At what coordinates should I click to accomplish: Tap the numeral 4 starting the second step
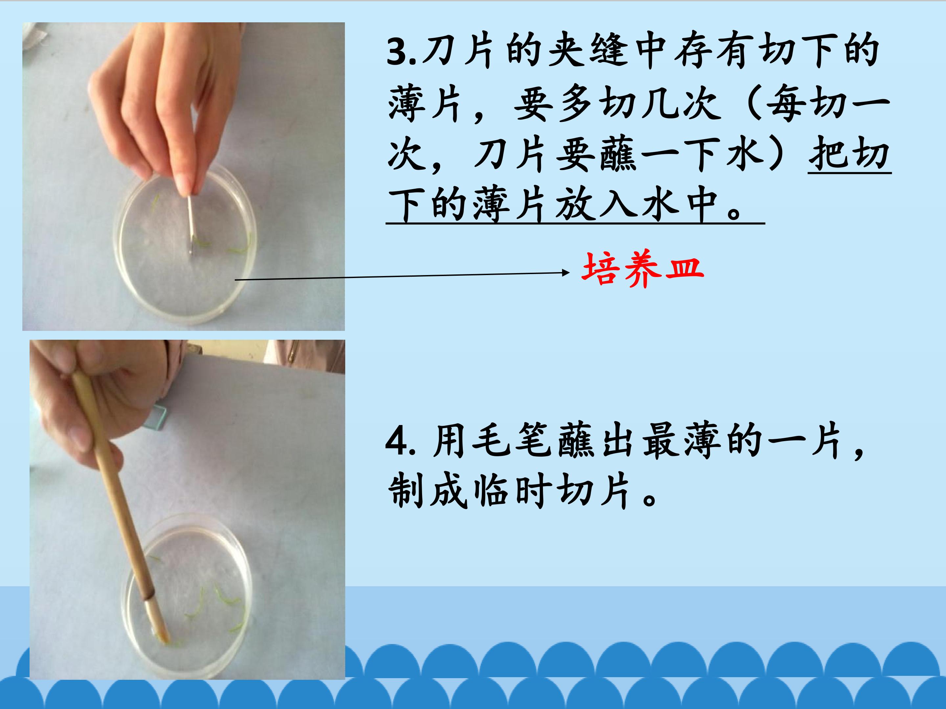396,442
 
